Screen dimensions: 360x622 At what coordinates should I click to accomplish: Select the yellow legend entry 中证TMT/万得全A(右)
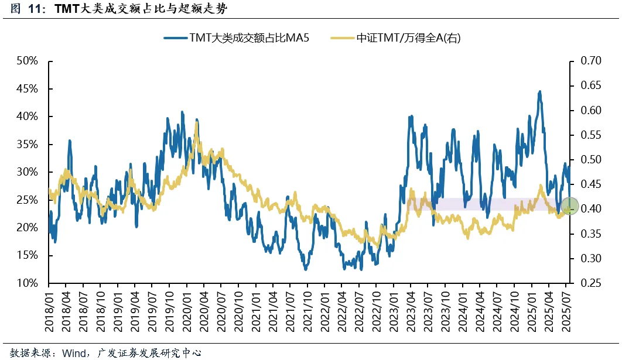tap(398, 38)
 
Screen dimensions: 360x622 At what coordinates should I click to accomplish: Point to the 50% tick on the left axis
tap(28, 61)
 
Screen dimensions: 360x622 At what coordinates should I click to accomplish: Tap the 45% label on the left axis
tap(28, 89)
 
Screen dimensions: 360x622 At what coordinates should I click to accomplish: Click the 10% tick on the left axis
tap(28, 283)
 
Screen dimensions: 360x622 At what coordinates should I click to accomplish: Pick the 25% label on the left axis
tap(28, 200)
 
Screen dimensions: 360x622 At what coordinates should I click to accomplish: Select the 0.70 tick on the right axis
tap(591, 61)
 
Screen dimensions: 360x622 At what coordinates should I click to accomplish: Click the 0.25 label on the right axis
tap(591, 283)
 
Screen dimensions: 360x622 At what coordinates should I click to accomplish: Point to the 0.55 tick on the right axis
tap(591, 135)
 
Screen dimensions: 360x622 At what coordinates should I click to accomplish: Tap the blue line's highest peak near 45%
tap(539, 92)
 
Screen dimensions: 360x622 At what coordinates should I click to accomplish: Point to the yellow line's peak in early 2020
tap(196, 125)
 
